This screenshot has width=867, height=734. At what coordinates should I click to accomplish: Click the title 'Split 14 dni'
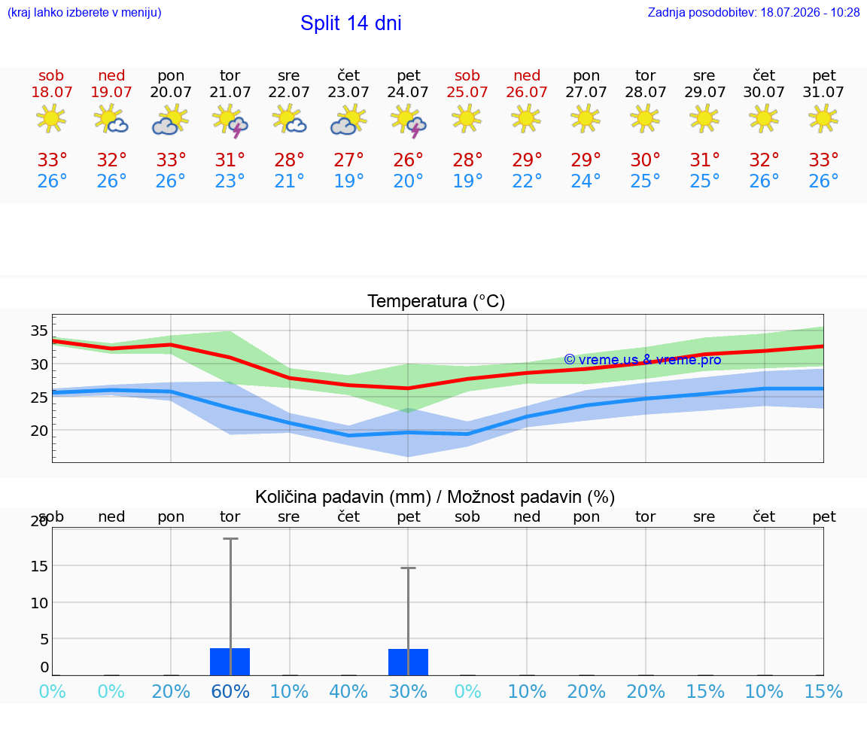(351, 23)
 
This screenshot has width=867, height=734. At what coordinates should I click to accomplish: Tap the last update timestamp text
(753, 12)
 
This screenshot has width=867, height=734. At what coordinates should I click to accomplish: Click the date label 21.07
(230, 92)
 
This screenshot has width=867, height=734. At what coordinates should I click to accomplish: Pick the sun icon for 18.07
(51, 118)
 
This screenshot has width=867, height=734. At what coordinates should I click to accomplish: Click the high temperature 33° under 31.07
(823, 160)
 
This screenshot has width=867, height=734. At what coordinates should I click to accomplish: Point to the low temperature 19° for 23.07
(348, 181)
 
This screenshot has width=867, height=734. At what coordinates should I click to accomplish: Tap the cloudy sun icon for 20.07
(170, 120)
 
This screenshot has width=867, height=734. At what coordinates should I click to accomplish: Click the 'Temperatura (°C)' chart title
(437, 301)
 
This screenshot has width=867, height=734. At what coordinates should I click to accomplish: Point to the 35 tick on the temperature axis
(39, 330)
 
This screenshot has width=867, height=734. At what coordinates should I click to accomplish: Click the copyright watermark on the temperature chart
(643, 360)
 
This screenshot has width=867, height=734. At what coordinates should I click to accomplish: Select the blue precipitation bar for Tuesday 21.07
(230, 662)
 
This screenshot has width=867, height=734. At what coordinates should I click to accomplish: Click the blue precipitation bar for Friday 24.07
(408, 662)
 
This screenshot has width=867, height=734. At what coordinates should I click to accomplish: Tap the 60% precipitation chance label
(230, 691)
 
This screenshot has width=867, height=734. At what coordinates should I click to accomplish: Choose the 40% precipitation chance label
(348, 691)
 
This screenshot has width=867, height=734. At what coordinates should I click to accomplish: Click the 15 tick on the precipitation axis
(39, 566)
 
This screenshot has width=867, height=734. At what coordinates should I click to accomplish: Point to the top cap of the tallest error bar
(230, 538)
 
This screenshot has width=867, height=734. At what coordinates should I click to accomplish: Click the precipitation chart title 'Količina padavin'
(343, 497)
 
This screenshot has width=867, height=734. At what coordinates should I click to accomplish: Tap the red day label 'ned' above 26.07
(527, 75)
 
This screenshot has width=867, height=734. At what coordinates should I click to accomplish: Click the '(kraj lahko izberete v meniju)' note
(84, 12)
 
